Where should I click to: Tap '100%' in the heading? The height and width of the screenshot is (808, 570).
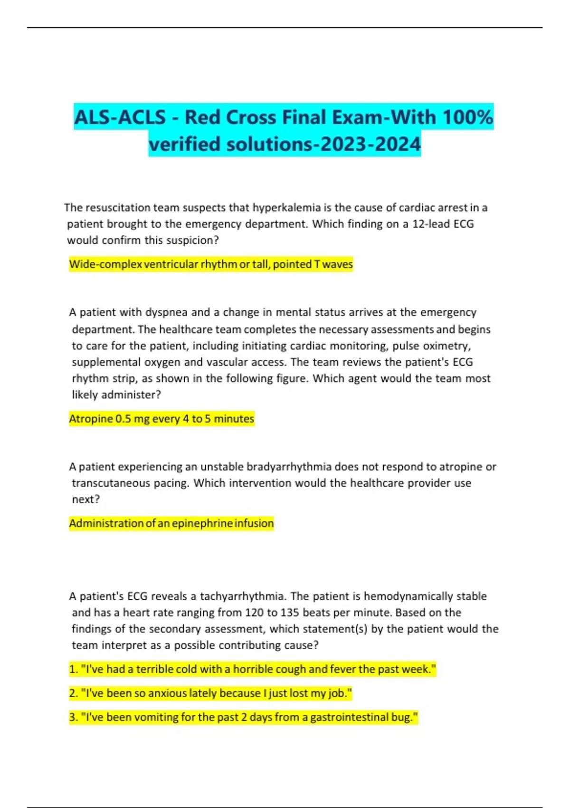pyautogui.click(x=468, y=117)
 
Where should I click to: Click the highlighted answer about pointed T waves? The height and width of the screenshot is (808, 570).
pyautogui.click(x=211, y=264)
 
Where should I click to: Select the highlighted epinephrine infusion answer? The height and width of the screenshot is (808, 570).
pyautogui.click(x=171, y=523)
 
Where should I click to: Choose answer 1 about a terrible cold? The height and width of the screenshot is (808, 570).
pyautogui.click(x=252, y=669)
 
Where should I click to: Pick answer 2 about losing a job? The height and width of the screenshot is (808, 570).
pyautogui.click(x=210, y=693)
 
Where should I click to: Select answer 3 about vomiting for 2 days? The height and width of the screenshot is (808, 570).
pyautogui.click(x=243, y=717)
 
